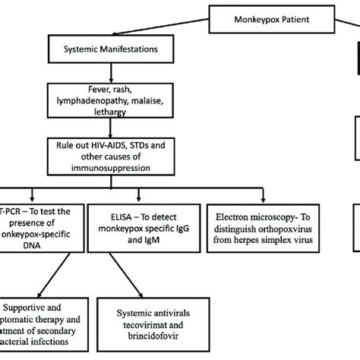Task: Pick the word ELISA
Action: [x=114, y=212]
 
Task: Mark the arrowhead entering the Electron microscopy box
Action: [x=257, y=199]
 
